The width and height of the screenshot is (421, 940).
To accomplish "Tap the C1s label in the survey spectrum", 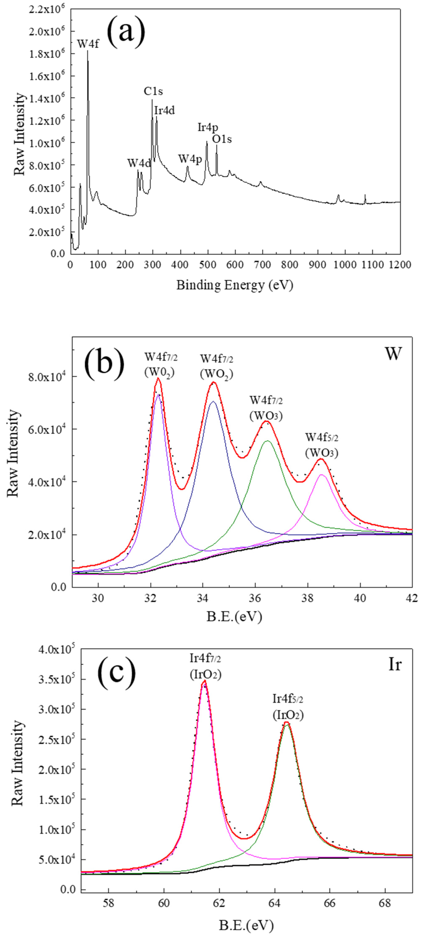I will (x=153, y=92).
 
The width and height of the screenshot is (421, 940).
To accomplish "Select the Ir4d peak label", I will (x=164, y=110).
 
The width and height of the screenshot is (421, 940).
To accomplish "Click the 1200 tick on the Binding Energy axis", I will (x=400, y=264).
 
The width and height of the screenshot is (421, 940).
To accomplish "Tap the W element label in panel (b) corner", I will (x=393, y=354).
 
